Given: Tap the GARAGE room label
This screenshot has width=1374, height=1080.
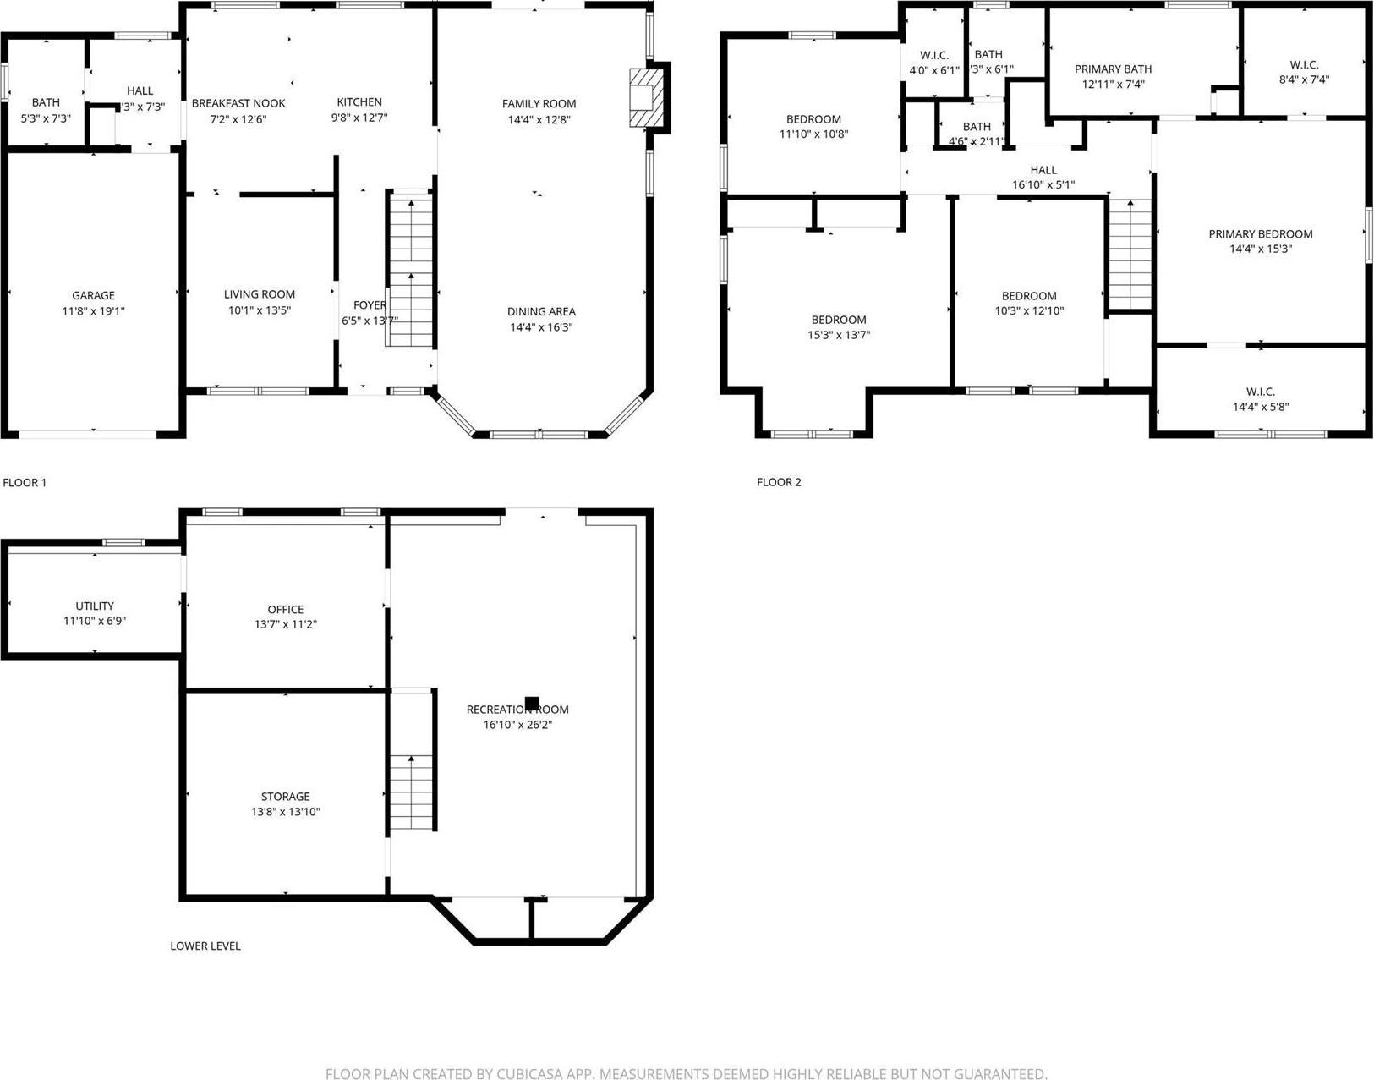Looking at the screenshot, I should click(93, 295).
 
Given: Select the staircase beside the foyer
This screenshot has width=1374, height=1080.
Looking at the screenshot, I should click(411, 269).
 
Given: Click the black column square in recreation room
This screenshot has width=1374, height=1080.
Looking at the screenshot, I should click(532, 703).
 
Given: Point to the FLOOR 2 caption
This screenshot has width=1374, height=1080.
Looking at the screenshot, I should click(779, 482).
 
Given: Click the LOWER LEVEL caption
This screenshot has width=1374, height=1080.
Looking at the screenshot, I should click(205, 946).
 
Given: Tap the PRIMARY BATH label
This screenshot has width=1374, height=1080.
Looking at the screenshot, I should click(1113, 69).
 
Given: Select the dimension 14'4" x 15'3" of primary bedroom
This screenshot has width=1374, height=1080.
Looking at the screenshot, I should click(1260, 249).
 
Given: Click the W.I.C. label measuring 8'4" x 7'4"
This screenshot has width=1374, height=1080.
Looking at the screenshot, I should click(1304, 65).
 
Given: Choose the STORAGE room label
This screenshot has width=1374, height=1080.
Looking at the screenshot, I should click(285, 796).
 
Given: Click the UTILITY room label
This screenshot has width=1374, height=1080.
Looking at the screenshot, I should click(95, 606).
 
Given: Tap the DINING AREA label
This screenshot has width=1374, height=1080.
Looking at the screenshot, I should click(541, 311).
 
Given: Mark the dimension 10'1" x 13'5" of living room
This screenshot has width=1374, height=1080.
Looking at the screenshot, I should click(260, 310).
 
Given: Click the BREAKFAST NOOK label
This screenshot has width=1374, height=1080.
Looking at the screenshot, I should click(238, 103).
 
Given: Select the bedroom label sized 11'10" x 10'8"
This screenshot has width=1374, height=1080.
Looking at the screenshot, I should click(813, 119).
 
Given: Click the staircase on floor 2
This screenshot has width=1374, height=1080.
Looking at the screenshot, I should click(1130, 255).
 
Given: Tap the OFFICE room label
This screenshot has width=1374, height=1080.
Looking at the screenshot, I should click(286, 609).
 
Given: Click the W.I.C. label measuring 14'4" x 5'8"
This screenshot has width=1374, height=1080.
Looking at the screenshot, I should click(1260, 392).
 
